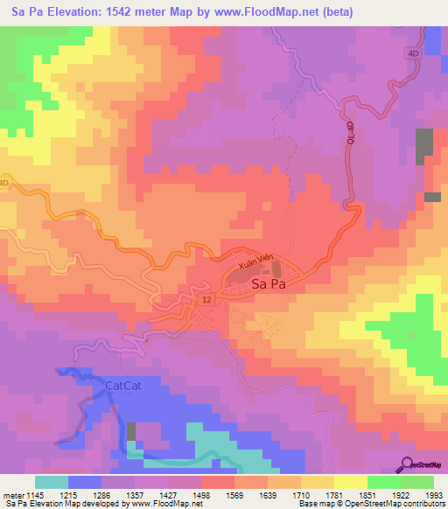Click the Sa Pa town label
[x=269, y=284]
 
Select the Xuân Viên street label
[x=254, y=263]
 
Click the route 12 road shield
[x=206, y=299]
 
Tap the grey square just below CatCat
[x=131, y=431]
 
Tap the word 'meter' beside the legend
[x=11, y=494]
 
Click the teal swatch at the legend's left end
[x=51, y=482]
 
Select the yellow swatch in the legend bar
[x=350, y=482]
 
